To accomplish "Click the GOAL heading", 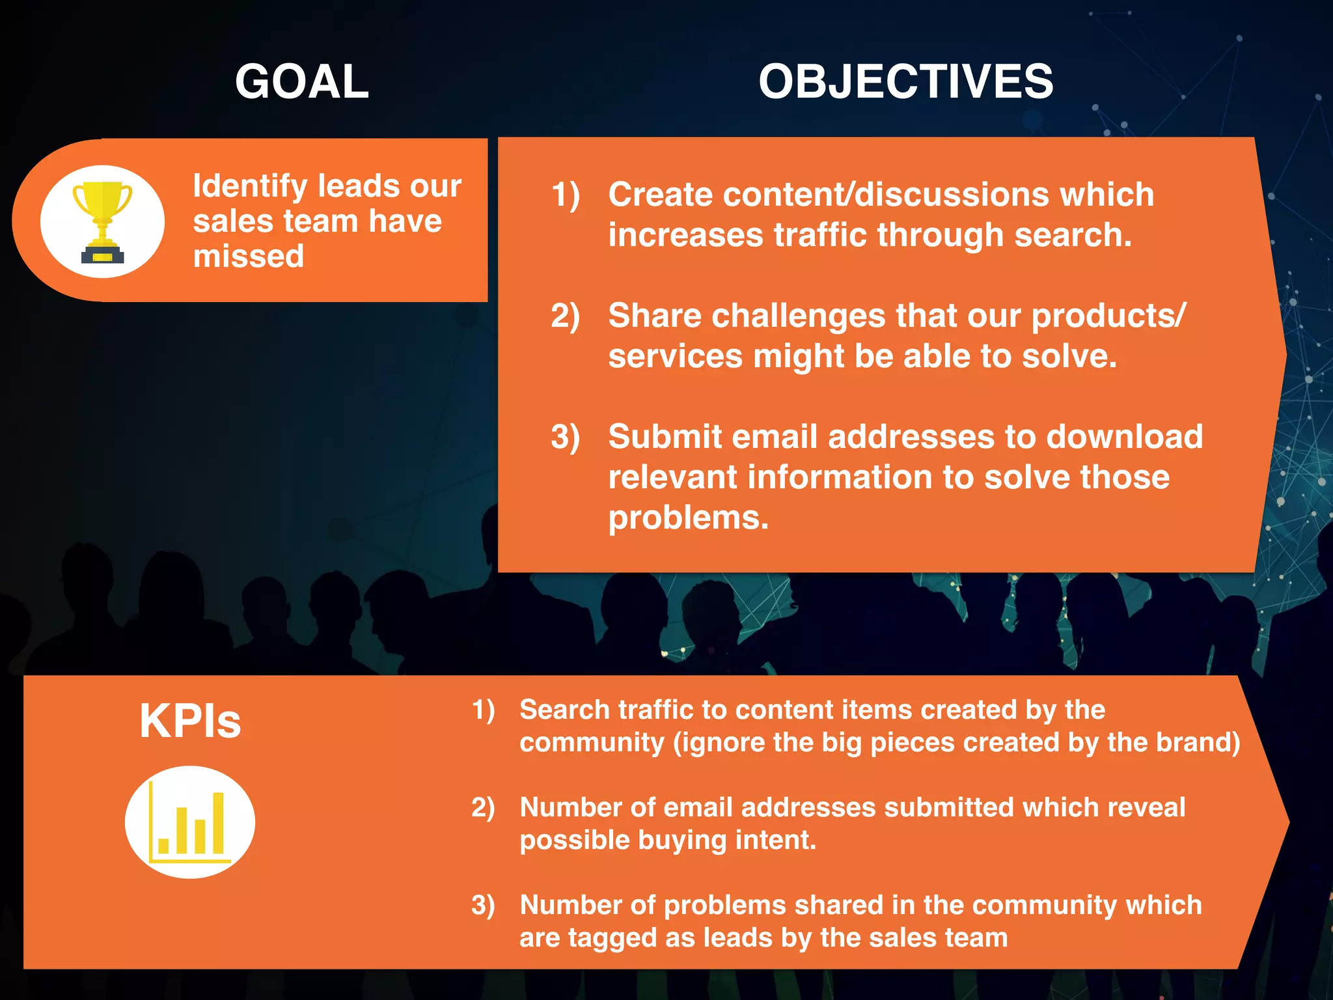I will click(x=302, y=82).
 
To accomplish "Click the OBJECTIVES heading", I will click(x=905, y=82).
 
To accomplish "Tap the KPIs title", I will click(x=190, y=721).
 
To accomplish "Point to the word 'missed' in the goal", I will click(x=249, y=257).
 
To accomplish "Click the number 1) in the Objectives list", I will click(x=565, y=195).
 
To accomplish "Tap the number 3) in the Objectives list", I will click(x=565, y=437).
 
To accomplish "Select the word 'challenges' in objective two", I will click(x=798, y=316).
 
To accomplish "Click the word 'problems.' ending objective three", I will click(x=688, y=518).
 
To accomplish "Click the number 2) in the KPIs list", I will click(x=483, y=808).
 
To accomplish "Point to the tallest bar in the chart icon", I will click(x=218, y=823).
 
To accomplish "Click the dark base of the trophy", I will click(x=102, y=255).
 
